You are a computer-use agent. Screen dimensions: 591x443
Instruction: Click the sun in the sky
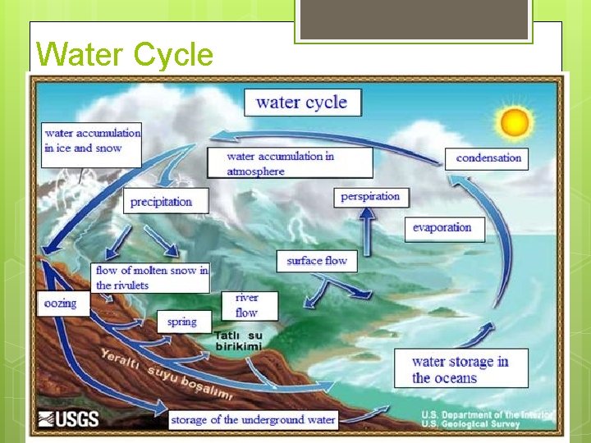(x=515, y=122)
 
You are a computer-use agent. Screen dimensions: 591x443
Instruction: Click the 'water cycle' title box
(x=302, y=103)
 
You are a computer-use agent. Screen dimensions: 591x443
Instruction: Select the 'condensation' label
(x=488, y=158)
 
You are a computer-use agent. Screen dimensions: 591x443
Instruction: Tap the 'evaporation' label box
(x=443, y=228)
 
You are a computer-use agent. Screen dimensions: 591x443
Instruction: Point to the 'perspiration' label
(x=370, y=197)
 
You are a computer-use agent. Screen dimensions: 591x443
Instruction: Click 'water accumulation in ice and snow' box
(x=91, y=141)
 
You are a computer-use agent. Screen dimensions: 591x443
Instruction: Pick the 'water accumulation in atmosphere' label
(x=289, y=163)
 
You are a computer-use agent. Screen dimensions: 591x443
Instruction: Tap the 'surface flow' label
(x=317, y=261)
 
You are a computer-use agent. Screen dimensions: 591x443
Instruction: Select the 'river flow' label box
(x=246, y=305)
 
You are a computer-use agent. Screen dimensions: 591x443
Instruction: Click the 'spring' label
(x=183, y=322)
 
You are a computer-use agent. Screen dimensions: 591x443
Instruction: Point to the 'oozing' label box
(x=61, y=304)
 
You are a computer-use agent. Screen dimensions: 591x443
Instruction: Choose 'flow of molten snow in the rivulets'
(x=152, y=277)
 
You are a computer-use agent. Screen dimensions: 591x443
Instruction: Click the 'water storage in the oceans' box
(x=460, y=369)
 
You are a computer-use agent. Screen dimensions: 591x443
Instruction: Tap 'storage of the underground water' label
(x=253, y=420)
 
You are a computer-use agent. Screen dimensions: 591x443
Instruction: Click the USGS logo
(x=68, y=420)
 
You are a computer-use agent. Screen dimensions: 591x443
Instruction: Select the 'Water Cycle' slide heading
(x=125, y=54)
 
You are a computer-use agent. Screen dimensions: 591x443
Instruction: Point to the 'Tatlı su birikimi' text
(x=238, y=340)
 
